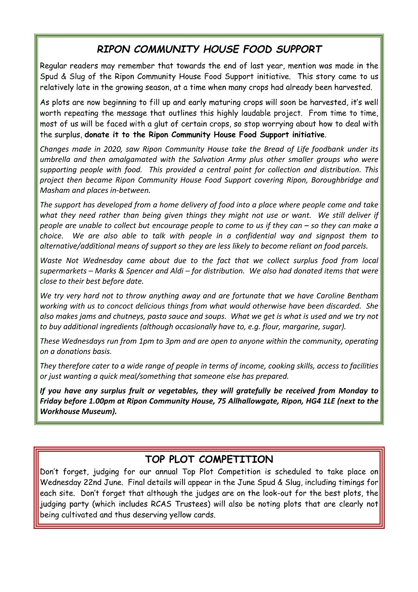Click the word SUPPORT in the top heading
[x=295, y=49]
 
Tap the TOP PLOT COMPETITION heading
[x=209, y=459]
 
